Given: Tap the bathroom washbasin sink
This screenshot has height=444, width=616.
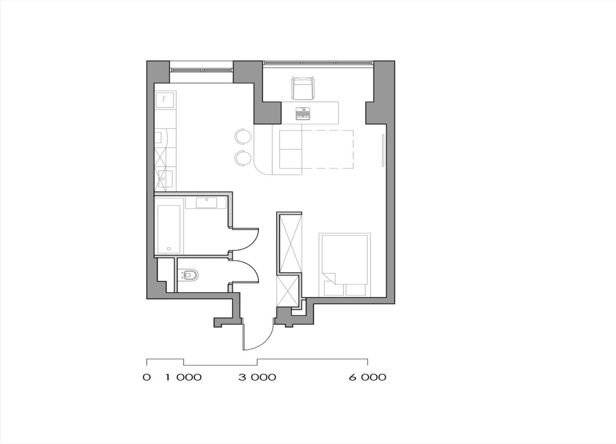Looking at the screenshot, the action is (x=205, y=203).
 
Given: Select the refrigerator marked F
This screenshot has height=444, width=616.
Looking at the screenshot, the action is (x=165, y=100).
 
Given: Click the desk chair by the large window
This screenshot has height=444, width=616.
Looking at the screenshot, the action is (x=303, y=88).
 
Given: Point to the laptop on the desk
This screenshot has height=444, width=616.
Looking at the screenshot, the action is (x=303, y=113).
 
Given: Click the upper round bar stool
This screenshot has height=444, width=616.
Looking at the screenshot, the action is (x=243, y=136).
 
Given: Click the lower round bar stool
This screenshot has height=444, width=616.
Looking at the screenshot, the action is (x=243, y=158).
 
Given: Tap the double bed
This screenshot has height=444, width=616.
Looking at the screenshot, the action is (x=345, y=266).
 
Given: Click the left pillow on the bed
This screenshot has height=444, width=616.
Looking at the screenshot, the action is (x=334, y=289).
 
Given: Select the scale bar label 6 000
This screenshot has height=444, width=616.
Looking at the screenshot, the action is (x=368, y=377).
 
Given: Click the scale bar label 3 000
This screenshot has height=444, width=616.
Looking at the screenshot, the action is (x=258, y=377).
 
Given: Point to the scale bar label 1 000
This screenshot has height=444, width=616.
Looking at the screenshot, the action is (x=184, y=377).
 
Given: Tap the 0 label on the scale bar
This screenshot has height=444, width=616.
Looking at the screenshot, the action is (x=147, y=377).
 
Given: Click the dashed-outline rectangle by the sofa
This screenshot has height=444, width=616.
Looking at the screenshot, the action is (x=327, y=149).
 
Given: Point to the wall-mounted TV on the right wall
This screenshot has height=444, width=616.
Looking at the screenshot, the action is (x=383, y=150).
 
